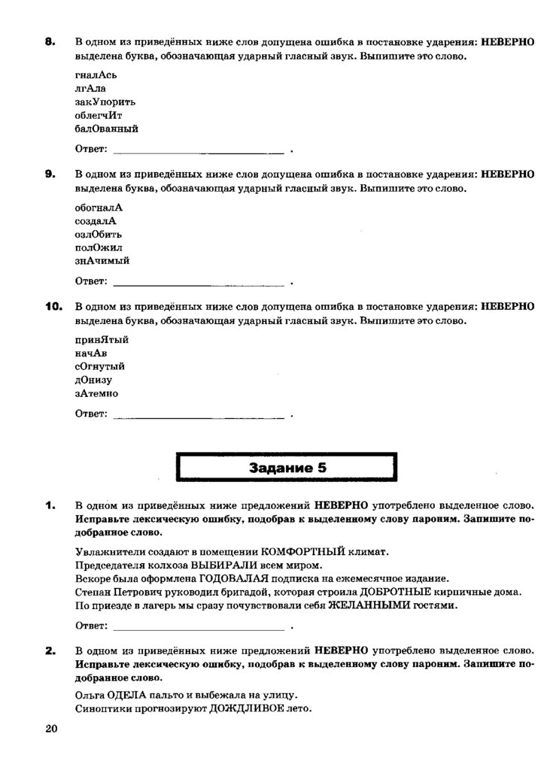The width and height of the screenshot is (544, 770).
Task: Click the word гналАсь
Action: point(96,75)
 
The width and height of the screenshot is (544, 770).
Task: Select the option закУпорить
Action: point(105,102)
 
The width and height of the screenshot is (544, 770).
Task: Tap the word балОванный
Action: point(106,129)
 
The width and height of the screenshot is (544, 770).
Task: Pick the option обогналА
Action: point(99,208)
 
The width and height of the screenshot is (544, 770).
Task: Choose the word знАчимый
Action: point(102,260)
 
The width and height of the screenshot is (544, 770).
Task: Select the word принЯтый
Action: point(102,339)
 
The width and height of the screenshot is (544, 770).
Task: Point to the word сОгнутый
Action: point(99,366)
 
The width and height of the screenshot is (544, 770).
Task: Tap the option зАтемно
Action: point(96,393)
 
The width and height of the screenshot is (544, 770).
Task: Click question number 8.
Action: point(50,43)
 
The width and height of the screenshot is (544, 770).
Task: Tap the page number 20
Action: point(51,729)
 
